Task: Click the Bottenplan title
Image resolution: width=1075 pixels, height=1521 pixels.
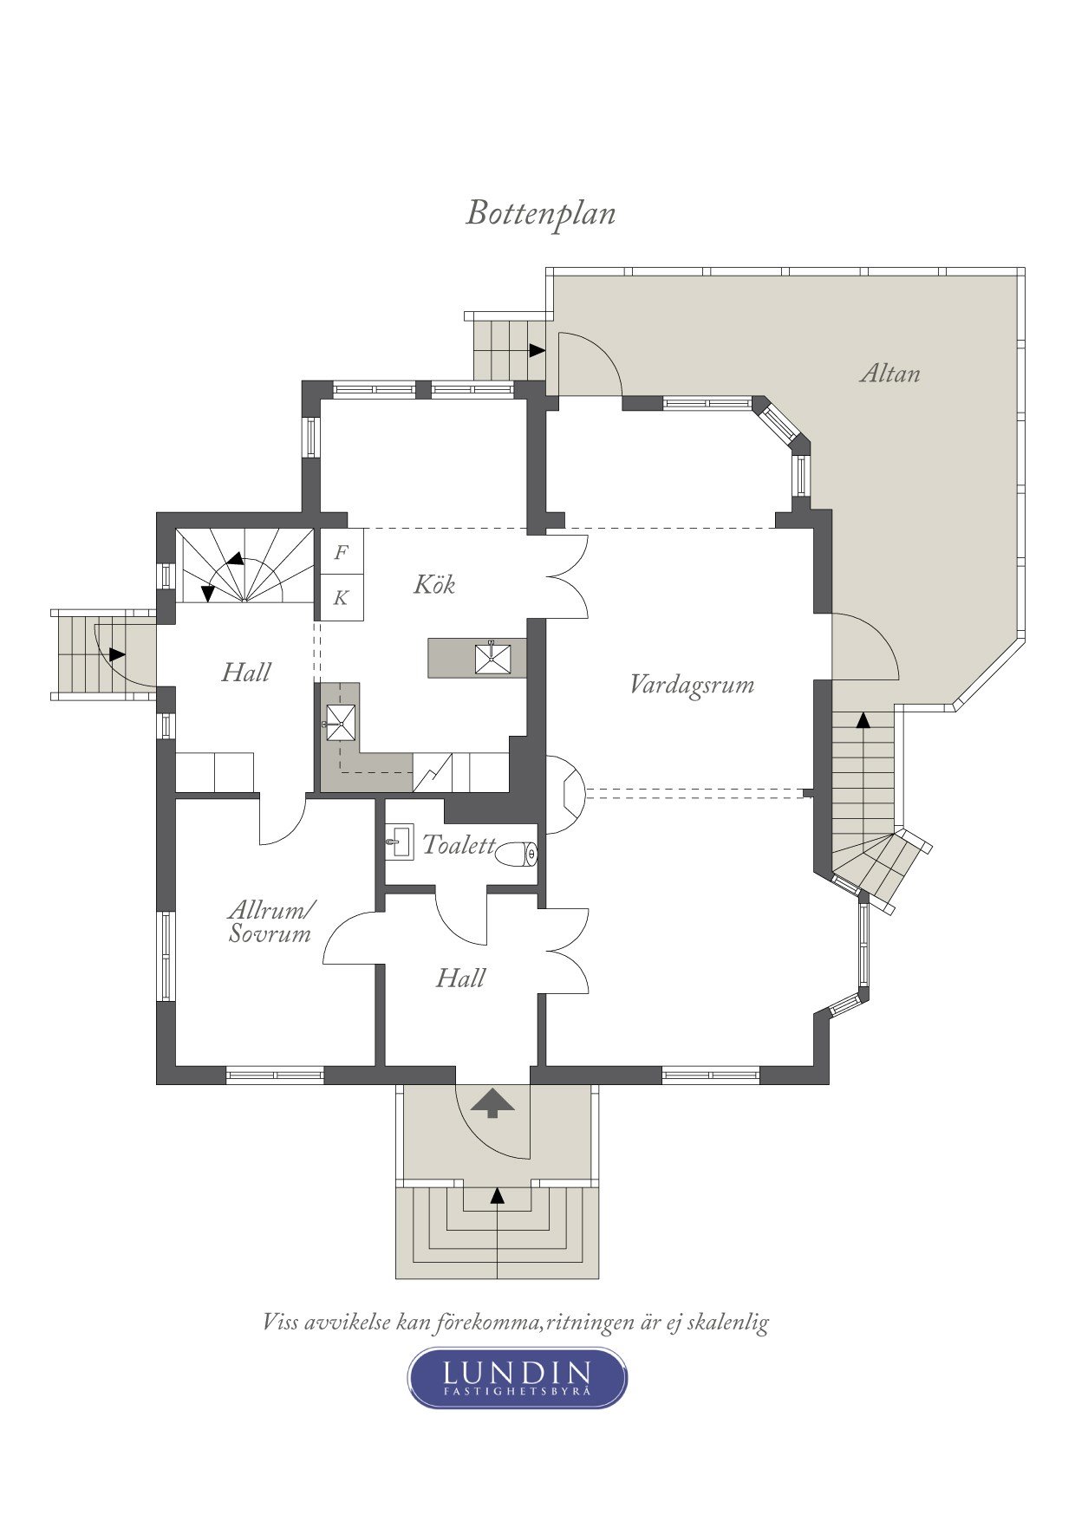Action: coord(541,213)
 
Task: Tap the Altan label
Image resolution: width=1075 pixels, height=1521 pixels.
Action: coord(890,374)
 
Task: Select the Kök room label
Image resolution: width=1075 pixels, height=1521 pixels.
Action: coord(434,583)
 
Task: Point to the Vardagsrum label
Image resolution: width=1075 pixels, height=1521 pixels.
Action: coord(692,685)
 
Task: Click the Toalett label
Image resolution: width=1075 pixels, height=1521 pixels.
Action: coord(459,844)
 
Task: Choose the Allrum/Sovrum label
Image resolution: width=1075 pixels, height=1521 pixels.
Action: coord(271,921)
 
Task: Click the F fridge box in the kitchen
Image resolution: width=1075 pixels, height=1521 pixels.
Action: coord(342,552)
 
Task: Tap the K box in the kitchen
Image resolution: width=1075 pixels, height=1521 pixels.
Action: coord(342,598)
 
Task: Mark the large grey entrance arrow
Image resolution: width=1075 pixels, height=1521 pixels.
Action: coord(492,1102)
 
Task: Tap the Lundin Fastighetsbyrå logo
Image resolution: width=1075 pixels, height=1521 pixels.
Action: coord(518,1377)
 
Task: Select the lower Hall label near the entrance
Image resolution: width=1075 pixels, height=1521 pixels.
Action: coord(460,978)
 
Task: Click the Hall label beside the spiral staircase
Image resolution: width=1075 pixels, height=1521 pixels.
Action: coord(246,672)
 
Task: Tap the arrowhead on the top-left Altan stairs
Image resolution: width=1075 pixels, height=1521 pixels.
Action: coord(537,350)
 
